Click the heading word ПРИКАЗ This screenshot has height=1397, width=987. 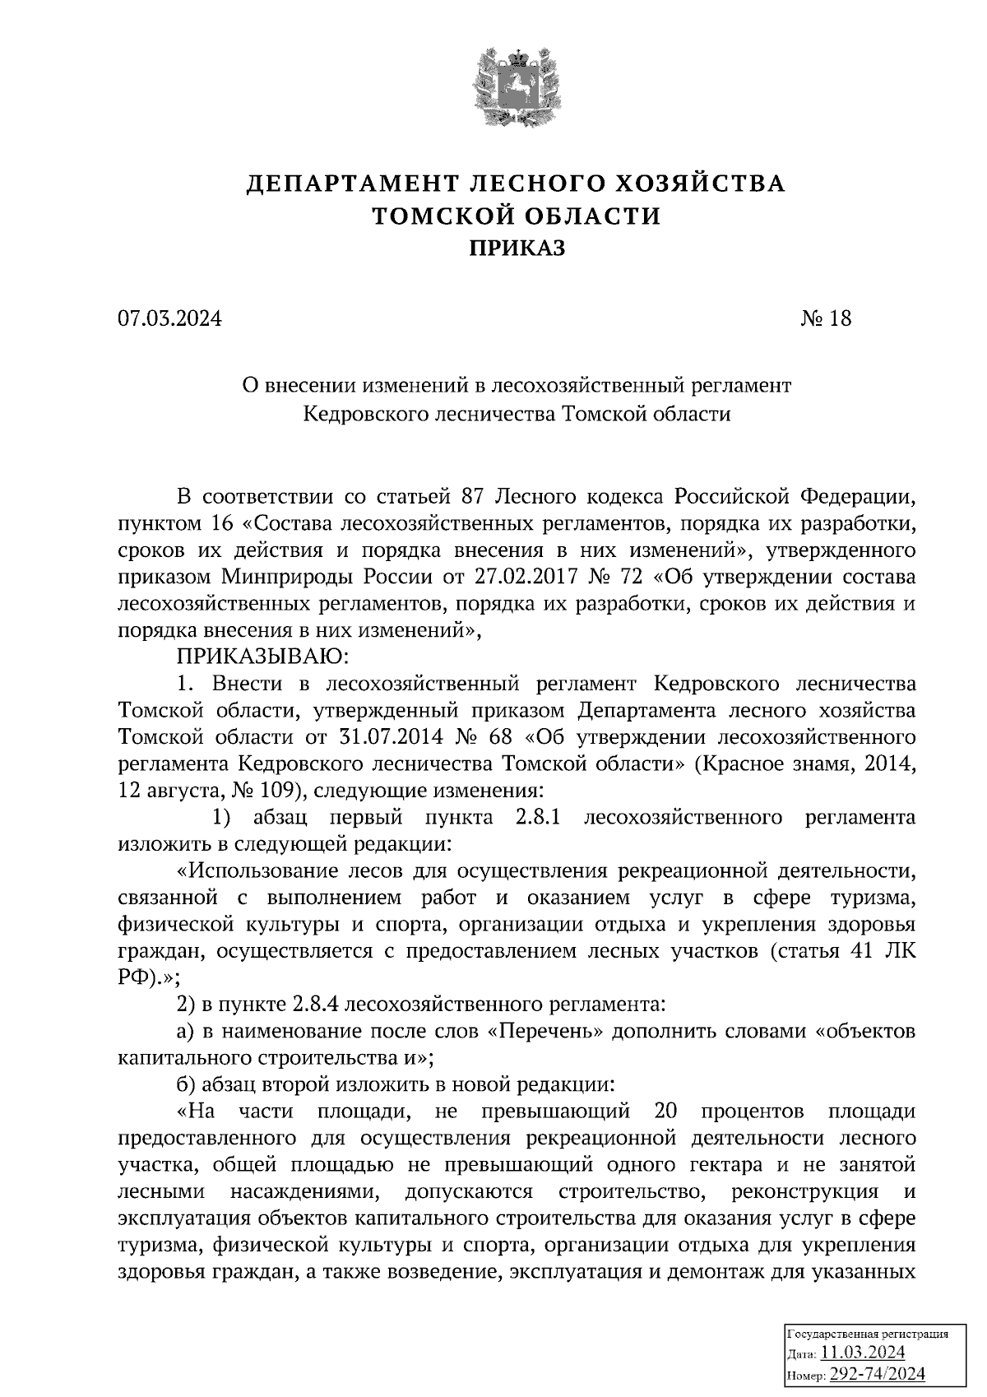coord(517,248)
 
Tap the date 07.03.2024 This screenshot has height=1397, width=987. coord(169,318)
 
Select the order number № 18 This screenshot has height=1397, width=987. coord(826,318)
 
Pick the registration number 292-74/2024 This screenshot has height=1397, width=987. coord(878,1374)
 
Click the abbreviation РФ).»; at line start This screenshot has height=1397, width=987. coord(148,978)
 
